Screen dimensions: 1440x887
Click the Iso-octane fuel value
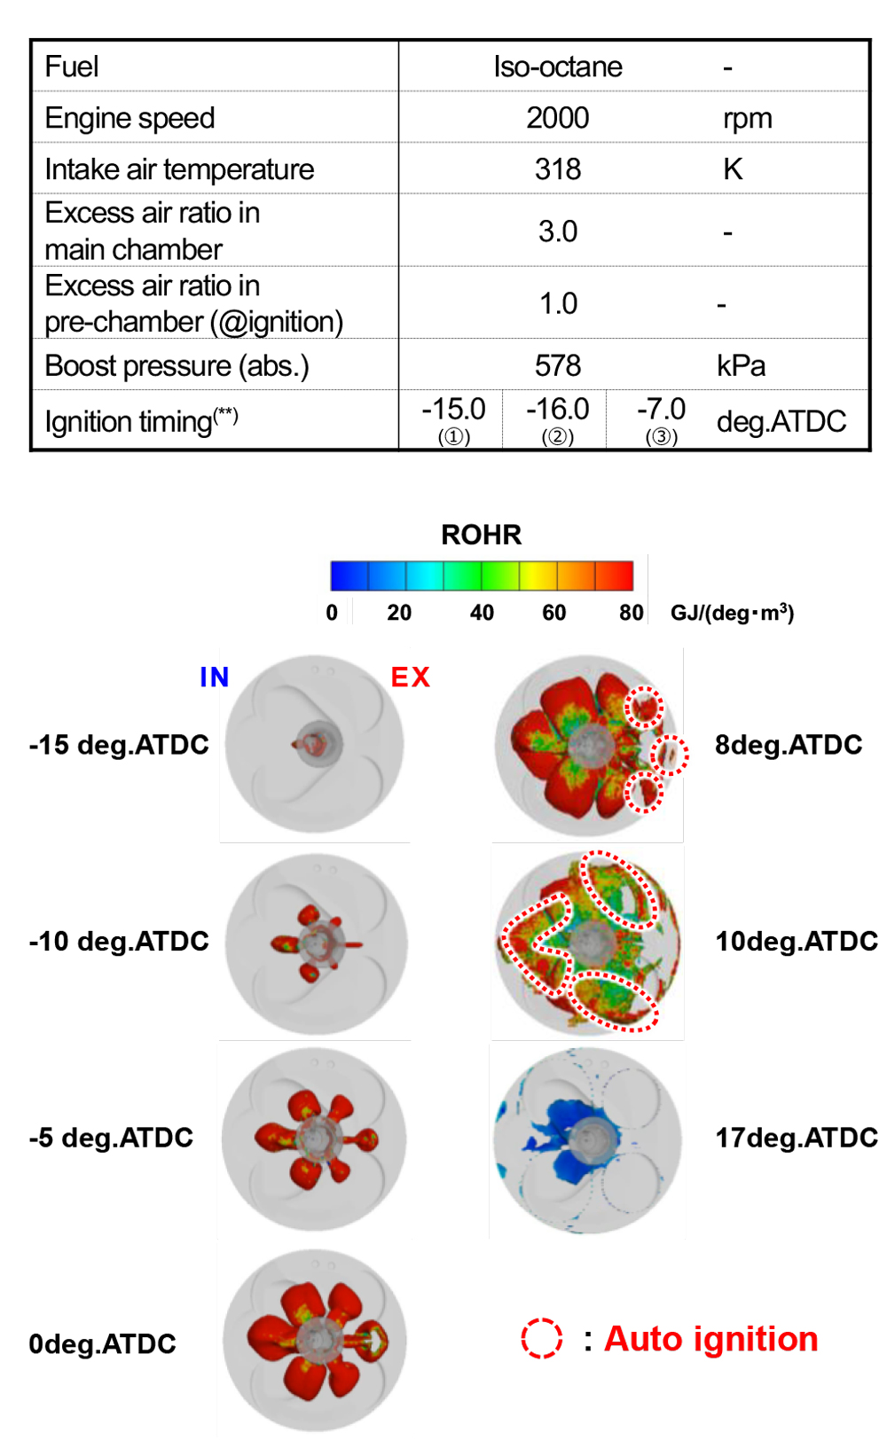(557, 67)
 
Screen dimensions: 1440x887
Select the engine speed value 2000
(557, 118)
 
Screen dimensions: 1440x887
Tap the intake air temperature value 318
(557, 169)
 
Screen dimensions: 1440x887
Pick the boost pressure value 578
(557, 365)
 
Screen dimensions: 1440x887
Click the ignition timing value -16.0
(557, 410)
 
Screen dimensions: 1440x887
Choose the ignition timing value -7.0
(661, 410)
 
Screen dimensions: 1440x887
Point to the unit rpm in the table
(747, 118)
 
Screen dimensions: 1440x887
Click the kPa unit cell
(741, 365)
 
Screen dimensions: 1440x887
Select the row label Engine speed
(130, 118)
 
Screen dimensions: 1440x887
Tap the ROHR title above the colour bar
(482, 535)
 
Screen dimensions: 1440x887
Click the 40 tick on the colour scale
(482, 613)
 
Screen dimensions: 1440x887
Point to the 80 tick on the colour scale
(631, 613)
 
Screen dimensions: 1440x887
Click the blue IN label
(214, 677)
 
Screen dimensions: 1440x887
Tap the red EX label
(410, 677)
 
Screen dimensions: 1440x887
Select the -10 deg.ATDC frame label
(119, 941)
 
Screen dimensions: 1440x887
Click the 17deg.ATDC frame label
(796, 1138)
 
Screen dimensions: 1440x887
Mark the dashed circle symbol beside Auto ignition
(541, 1339)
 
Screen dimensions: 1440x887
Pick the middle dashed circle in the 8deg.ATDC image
(670, 755)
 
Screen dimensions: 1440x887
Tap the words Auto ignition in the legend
(710, 1339)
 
